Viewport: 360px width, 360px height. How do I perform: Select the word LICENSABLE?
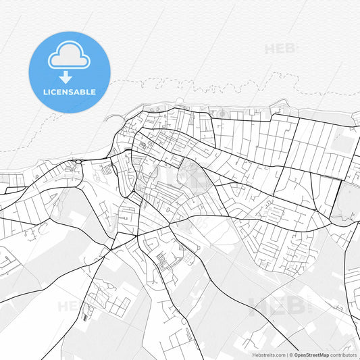pyautogui.click(x=68, y=92)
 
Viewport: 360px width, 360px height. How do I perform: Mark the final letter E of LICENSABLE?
pyautogui.click(x=93, y=92)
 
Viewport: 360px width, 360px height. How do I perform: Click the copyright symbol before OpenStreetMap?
pyautogui.click(x=290, y=354)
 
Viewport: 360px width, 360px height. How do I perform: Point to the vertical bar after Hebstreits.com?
pyautogui.click(x=286, y=354)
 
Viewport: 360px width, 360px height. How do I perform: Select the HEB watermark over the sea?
pyautogui.click(x=281, y=49)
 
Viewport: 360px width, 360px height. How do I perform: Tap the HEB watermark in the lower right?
pyautogui.click(x=278, y=305)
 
